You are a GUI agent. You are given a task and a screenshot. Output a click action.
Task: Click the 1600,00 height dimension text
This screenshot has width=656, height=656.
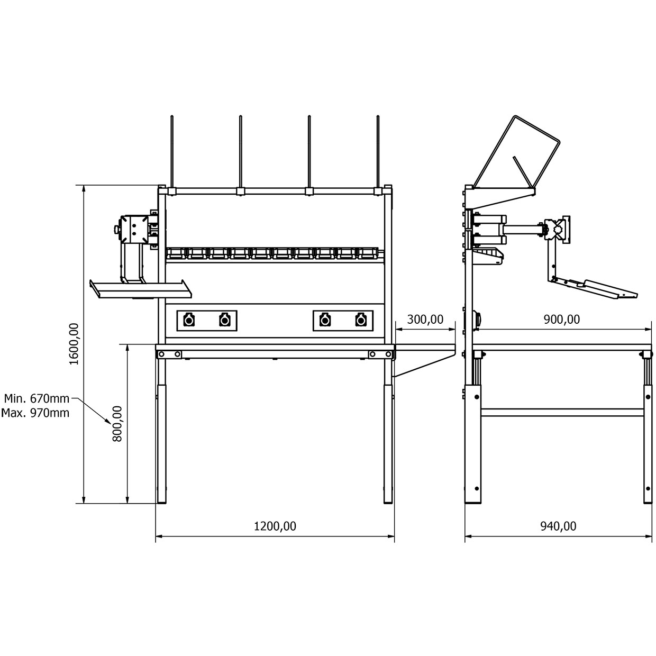pos(74,344)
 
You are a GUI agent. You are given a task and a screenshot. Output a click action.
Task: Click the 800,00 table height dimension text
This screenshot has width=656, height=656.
pos(117,423)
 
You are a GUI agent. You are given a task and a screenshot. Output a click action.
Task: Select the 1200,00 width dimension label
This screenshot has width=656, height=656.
pos(275,526)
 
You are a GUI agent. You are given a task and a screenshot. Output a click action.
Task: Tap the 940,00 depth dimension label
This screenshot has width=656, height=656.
pos(558,526)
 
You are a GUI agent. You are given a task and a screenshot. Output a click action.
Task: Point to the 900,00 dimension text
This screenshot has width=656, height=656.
pos(562,320)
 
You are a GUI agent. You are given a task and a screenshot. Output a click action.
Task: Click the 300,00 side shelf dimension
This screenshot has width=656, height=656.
pos(425,320)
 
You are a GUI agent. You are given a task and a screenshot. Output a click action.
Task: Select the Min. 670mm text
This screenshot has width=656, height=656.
pos(37,398)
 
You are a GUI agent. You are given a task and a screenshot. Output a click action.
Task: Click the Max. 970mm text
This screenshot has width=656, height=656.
pos(35,413)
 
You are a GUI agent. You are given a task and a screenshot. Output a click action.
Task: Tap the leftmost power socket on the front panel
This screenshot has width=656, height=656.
pos(188,320)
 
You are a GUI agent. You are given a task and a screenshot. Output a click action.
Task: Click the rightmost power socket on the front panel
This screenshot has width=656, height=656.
pos(361,320)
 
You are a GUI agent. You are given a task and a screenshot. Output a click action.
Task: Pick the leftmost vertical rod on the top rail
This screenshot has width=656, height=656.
pos(172,151)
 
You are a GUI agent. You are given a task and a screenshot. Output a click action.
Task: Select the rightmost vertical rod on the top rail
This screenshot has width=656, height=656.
pos(378,151)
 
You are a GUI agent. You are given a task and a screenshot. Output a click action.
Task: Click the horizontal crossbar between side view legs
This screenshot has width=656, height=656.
pos(562,411)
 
